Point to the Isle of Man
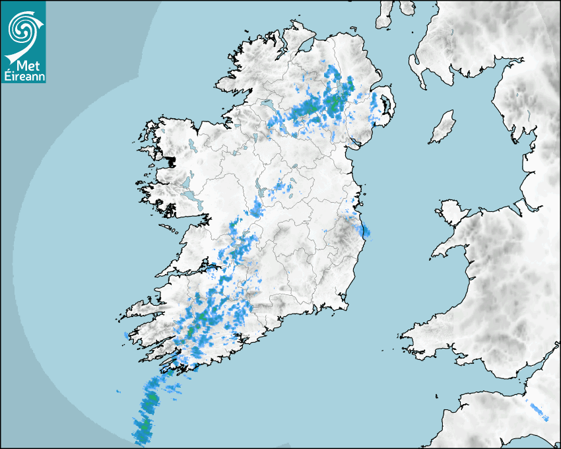[442, 127]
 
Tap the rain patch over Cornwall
[538, 411]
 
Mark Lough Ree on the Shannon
[261, 192]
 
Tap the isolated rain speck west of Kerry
[125, 336]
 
